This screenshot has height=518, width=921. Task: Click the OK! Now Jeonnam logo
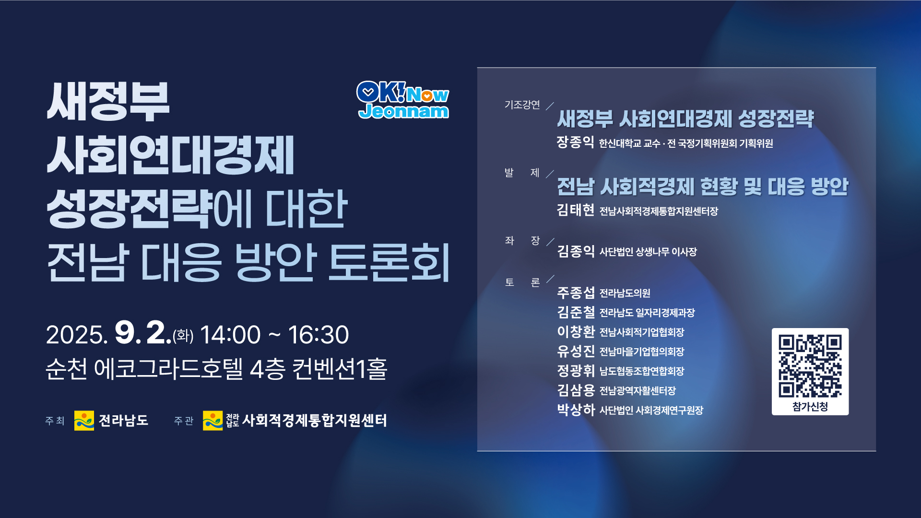[403, 100]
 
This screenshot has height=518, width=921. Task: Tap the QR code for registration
[810, 366]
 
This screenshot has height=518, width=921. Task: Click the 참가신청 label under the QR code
[810, 407]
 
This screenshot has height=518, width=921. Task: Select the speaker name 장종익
[575, 142]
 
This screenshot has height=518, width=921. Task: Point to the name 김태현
[576, 210]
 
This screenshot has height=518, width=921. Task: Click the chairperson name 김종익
[576, 251]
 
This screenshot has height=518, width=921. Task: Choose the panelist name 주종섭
[576, 293]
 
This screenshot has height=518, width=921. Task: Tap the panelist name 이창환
[576, 331]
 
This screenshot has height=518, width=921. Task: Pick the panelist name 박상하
[576, 410]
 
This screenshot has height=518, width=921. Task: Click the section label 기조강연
[522, 105]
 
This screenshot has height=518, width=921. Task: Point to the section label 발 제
[522, 173]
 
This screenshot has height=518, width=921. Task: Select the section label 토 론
[522, 283]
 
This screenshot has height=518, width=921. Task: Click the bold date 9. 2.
[143, 332]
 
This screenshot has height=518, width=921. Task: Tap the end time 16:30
[318, 335]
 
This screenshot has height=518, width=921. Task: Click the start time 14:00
[230, 335]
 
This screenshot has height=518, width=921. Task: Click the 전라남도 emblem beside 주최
[84, 421]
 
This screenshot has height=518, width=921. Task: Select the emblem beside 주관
[213, 421]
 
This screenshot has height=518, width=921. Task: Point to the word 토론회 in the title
[389, 262]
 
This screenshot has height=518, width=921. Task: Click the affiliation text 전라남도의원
[625, 293]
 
